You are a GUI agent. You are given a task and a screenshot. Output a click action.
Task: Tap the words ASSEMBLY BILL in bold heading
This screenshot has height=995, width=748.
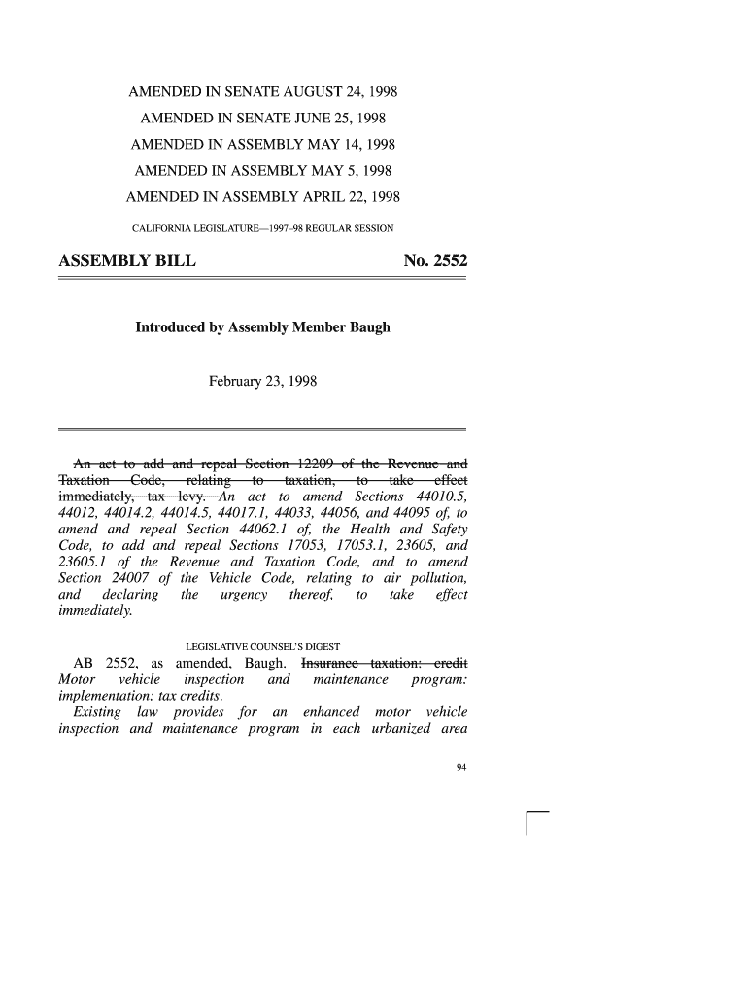[x=127, y=261]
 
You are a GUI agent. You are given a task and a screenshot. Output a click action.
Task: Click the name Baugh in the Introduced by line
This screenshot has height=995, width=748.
[x=368, y=327]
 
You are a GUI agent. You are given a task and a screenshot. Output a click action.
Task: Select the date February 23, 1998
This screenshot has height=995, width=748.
[x=262, y=383]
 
